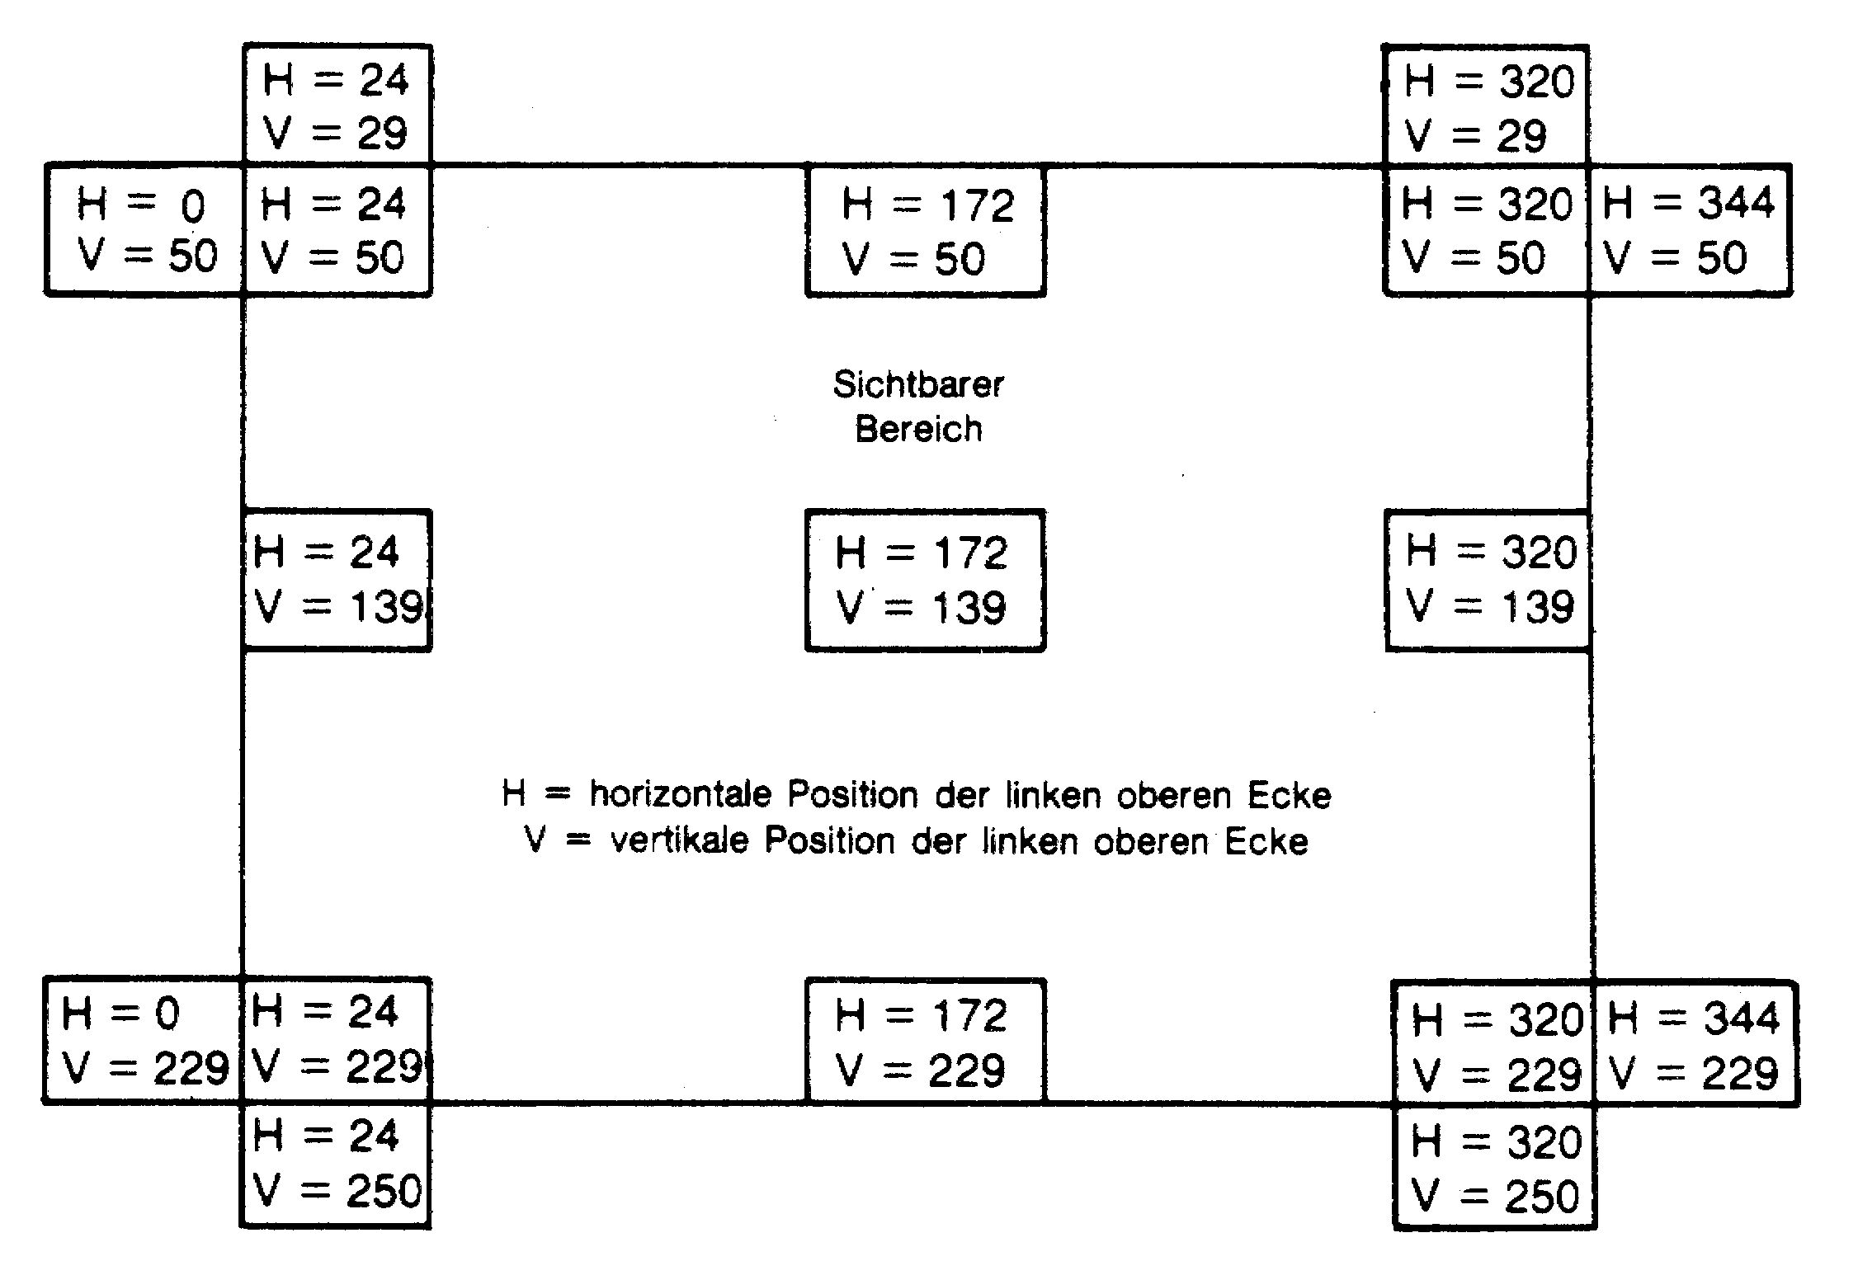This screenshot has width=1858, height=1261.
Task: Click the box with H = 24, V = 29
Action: (x=337, y=105)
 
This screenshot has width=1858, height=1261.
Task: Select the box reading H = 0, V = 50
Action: (x=145, y=229)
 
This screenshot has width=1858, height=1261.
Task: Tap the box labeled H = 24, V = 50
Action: (x=337, y=229)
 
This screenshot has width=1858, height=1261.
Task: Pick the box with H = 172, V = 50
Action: (x=926, y=229)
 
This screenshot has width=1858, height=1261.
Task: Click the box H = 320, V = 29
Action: (x=1486, y=105)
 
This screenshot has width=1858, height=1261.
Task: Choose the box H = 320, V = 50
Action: (x=1486, y=229)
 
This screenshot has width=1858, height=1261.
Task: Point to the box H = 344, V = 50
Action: (x=1690, y=229)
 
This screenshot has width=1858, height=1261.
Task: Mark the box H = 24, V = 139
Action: (x=337, y=580)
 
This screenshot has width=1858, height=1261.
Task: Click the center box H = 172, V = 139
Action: (x=926, y=580)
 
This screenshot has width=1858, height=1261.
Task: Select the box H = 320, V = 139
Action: (x=1489, y=580)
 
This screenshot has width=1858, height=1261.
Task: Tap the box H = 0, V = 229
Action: (x=142, y=1040)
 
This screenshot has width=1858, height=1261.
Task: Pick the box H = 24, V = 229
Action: (x=336, y=1040)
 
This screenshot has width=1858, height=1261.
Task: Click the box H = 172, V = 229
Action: (x=926, y=1041)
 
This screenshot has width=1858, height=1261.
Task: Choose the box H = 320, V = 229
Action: (x=1494, y=1043)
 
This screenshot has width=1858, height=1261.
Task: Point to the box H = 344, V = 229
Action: (x=1695, y=1043)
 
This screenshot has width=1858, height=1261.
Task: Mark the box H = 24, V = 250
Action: (x=336, y=1165)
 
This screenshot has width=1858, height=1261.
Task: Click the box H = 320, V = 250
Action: (x=1494, y=1166)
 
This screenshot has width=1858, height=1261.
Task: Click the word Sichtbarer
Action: (x=918, y=384)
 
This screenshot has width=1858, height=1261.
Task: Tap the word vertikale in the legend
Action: (x=679, y=840)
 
